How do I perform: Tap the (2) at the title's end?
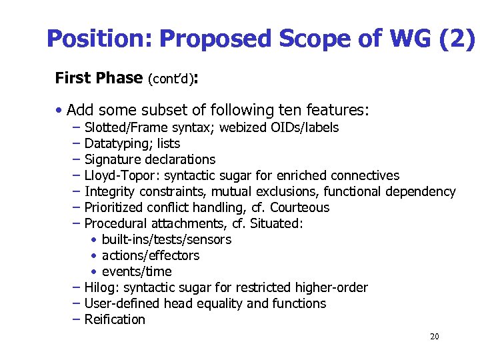pos(458,39)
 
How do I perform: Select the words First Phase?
pos(98,78)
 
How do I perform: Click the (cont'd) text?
pos(170,79)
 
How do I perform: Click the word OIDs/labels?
pos(305,128)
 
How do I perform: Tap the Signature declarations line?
pos(150,160)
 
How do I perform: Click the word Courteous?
pos(299,208)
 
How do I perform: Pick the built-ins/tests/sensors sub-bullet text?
pos(167,240)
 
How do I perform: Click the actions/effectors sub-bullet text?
pos(151,256)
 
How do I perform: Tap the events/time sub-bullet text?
pos(137,272)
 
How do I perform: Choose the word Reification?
pos(115,320)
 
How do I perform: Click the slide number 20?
pos(434,337)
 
